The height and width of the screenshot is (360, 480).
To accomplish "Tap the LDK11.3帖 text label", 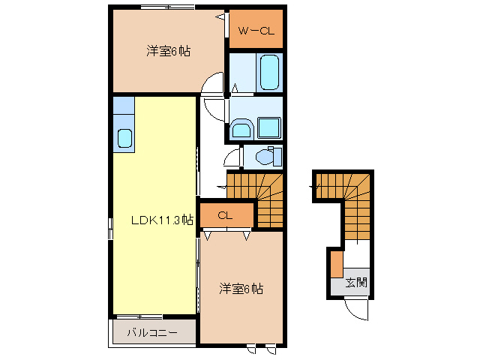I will (162, 220).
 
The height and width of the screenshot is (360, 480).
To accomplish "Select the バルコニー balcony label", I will (151, 331).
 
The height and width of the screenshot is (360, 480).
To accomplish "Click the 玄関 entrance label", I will (357, 283).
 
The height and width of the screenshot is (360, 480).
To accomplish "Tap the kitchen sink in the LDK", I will (124, 138).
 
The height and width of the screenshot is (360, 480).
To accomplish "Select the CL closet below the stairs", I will (226, 216).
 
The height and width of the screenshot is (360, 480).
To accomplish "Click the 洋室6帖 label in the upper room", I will (168, 51).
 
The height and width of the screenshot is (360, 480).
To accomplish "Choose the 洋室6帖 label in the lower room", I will (241, 288).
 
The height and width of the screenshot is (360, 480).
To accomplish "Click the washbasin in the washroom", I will (241, 130).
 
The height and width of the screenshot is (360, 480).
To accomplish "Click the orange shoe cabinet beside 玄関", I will (337, 264).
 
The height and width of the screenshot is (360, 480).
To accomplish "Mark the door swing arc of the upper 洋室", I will (214, 84).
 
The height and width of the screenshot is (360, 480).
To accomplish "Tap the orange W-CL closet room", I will (255, 28).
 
